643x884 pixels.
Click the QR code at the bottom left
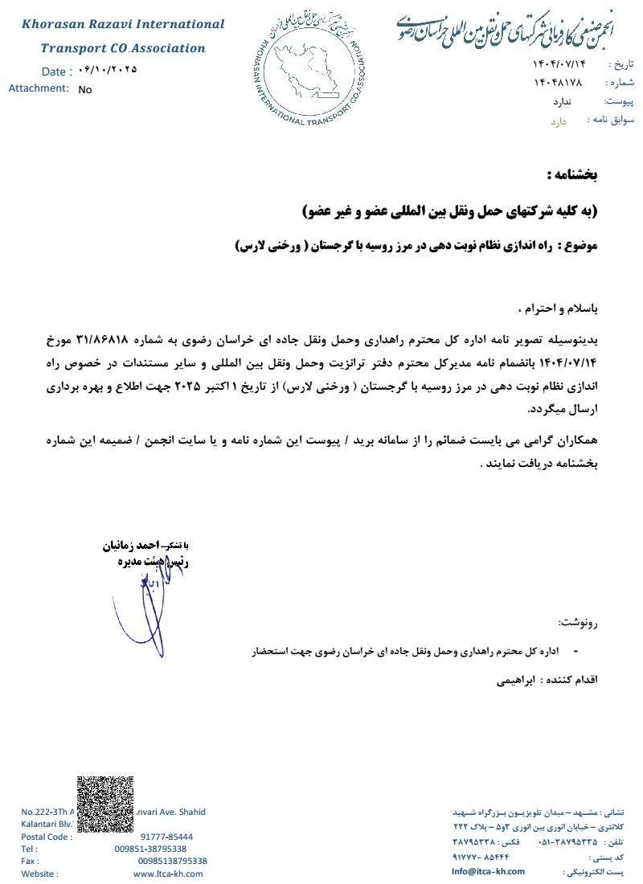[104, 807]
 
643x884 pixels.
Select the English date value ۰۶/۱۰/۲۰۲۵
[109, 70]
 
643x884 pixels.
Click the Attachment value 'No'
[85, 90]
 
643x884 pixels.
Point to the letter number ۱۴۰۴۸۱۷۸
[557, 83]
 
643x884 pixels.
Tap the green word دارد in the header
[559, 121]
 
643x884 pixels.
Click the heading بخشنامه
[571, 174]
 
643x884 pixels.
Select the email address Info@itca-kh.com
[488, 871]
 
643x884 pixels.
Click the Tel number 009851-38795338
[150, 849]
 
